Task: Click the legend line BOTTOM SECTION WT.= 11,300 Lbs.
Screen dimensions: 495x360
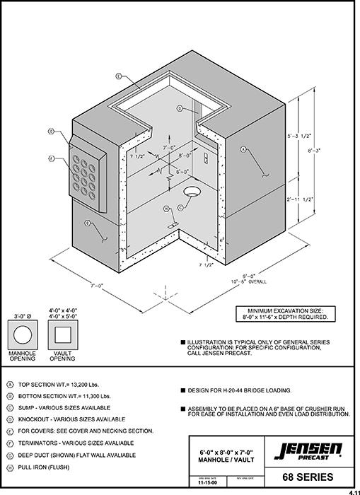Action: click(64, 397)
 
